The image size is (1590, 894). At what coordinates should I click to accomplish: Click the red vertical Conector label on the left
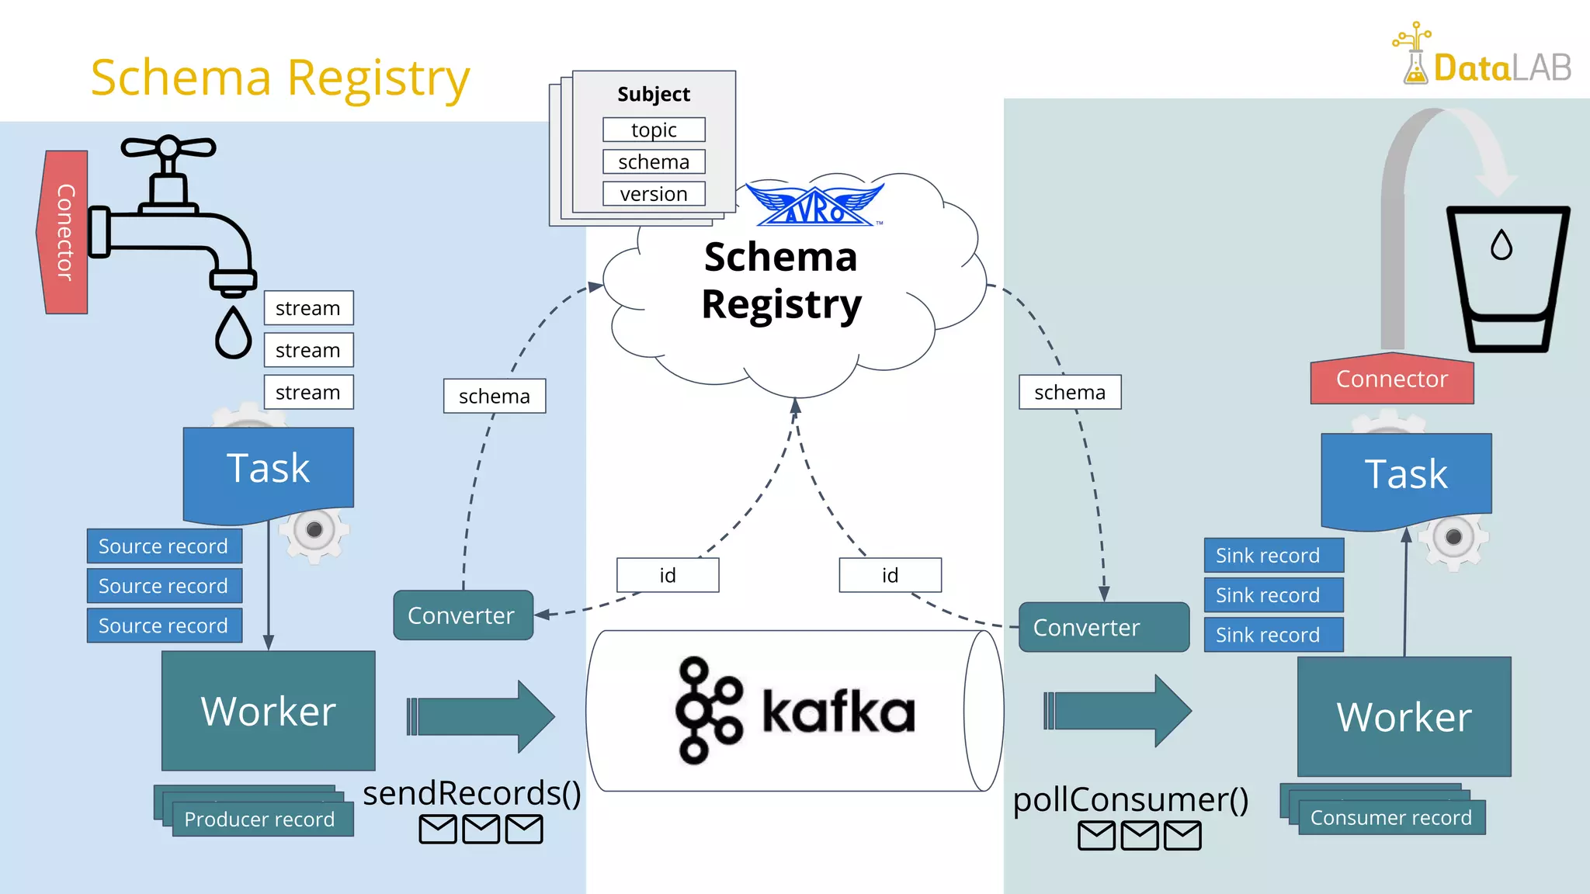point(64,232)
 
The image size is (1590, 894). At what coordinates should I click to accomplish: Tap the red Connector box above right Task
point(1391,380)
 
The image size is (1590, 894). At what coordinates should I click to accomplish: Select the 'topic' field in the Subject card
point(654,130)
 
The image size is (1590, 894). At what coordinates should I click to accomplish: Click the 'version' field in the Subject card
point(654,194)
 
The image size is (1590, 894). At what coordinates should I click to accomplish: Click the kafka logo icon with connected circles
point(708,711)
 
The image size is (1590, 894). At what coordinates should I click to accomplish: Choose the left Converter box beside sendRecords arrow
point(463,615)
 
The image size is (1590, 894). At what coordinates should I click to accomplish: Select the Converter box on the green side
point(1103,627)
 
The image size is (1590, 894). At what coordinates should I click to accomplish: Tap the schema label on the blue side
point(495,396)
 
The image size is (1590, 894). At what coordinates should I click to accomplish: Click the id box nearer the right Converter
point(890,575)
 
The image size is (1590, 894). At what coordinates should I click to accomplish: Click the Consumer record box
point(1390,818)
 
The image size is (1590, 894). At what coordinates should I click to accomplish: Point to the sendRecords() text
point(472,793)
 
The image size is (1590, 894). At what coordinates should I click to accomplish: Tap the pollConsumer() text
point(1130,799)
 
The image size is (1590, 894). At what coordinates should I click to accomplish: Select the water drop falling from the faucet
point(233,334)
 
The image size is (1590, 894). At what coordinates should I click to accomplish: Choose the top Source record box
point(164,546)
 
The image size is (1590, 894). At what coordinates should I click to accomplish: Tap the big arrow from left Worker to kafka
point(481,716)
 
